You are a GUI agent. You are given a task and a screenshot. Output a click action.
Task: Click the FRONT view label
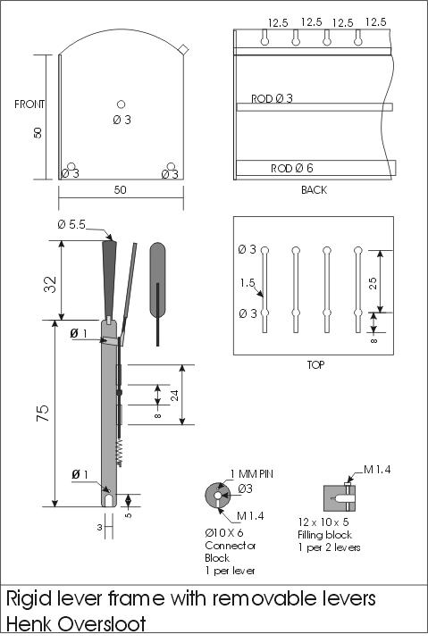29,104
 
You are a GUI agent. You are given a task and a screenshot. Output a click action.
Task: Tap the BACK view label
314,190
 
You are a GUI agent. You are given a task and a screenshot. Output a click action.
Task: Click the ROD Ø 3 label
272,99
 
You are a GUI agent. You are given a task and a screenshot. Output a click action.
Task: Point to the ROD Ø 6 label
292,168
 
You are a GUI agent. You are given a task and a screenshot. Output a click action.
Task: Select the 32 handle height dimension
51,283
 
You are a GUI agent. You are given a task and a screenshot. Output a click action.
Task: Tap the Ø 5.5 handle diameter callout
71,225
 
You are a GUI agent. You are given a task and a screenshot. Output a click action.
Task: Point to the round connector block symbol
217,496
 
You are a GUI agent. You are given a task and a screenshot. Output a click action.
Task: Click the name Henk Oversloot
76,623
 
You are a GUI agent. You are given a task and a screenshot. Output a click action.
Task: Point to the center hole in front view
122,104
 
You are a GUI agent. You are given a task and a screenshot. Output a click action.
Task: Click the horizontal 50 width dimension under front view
120,190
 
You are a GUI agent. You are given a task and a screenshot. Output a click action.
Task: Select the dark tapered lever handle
110,277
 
